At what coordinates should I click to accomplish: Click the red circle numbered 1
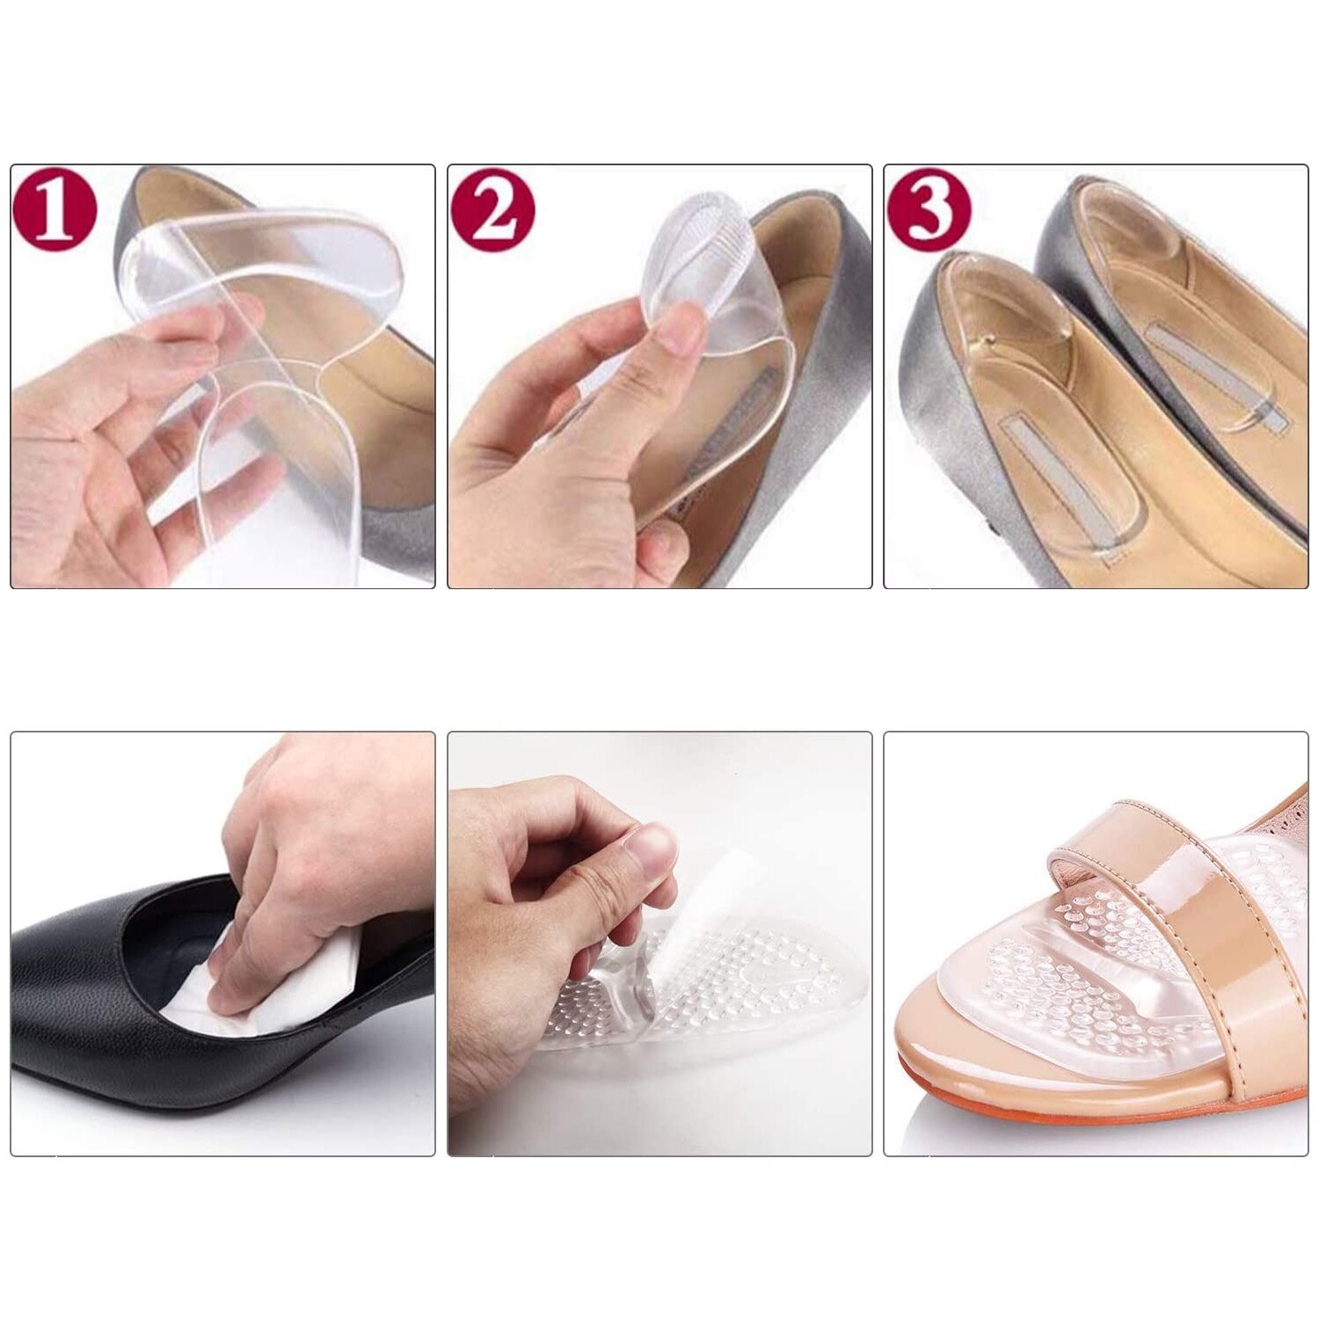pos(55,210)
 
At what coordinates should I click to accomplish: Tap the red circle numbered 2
pos(492,210)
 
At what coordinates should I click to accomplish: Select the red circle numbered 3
pos(929,210)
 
